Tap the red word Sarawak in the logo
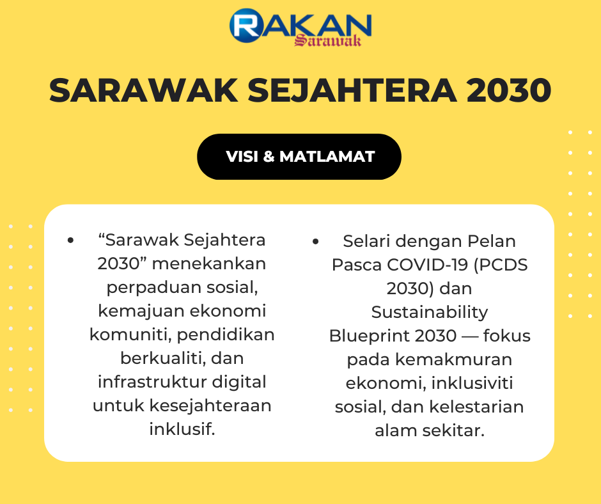pos(328,40)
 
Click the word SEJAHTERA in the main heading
pos(352,91)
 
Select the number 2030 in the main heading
pos(509,91)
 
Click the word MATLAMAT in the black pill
pos(327,157)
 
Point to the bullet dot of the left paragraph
pos(70,240)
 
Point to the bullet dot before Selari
pos(315,241)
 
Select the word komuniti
pos(130,335)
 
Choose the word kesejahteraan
pos(210,406)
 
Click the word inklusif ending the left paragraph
pos(182,429)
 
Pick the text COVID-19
pos(427,265)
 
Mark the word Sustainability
pos(429,313)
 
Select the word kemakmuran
pos(454,360)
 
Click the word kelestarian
pos(476,407)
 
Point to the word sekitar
pos(453,430)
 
